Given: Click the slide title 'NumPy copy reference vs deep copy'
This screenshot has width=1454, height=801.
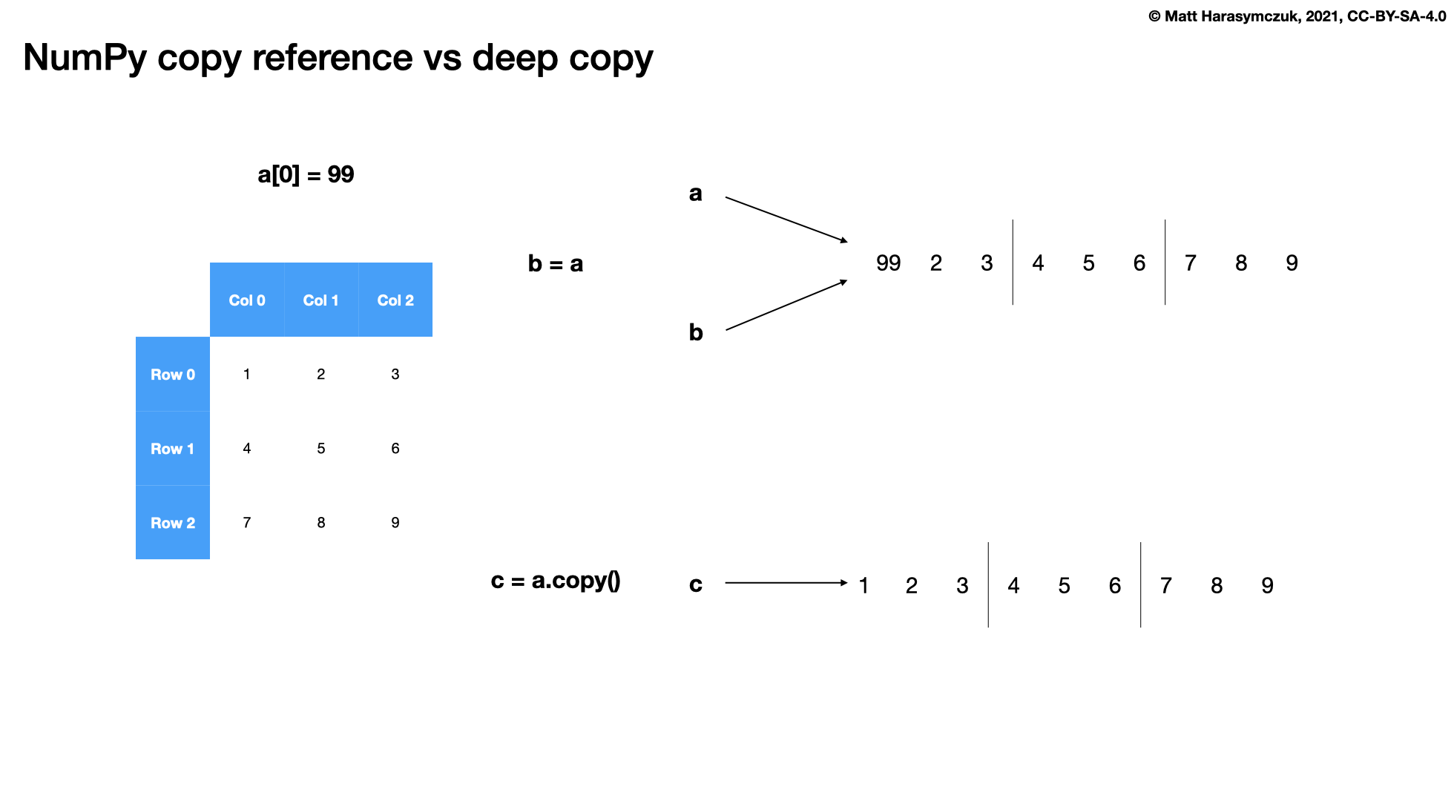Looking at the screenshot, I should (x=338, y=58).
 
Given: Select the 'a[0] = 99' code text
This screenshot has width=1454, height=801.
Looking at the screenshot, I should (x=306, y=175).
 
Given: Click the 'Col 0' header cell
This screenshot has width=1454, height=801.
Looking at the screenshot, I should (x=247, y=300).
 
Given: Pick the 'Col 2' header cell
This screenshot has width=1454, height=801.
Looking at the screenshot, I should (x=395, y=300).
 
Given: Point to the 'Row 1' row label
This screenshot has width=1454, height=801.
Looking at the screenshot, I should (x=173, y=449).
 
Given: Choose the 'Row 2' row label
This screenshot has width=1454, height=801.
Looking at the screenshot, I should (x=173, y=523).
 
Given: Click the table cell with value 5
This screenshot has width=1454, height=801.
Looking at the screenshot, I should (x=321, y=449).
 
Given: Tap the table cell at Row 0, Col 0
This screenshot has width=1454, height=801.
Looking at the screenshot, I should (x=247, y=375).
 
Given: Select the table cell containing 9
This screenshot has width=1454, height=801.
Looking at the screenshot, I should (x=395, y=523).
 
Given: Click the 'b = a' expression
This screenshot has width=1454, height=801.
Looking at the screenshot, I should (x=556, y=264).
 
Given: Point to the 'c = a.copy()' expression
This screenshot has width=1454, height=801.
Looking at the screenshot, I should (x=556, y=581).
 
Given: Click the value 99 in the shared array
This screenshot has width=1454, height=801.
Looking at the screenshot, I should (x=888, y=263).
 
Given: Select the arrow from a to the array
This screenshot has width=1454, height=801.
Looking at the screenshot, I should (x=786, y=220).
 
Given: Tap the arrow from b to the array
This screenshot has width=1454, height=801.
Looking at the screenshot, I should (x=786, y=305).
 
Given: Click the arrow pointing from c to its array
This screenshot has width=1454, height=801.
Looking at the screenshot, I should (x=786, y=583).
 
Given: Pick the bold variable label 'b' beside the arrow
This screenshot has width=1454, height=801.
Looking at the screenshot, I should (x=696, y=332).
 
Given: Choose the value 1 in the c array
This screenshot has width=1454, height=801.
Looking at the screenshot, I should (x=863, y=586).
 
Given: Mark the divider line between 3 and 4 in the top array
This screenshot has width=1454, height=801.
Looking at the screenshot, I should (x=1013, y=262).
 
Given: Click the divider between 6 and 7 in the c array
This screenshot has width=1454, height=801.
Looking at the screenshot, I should (x=1141, y=584).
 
